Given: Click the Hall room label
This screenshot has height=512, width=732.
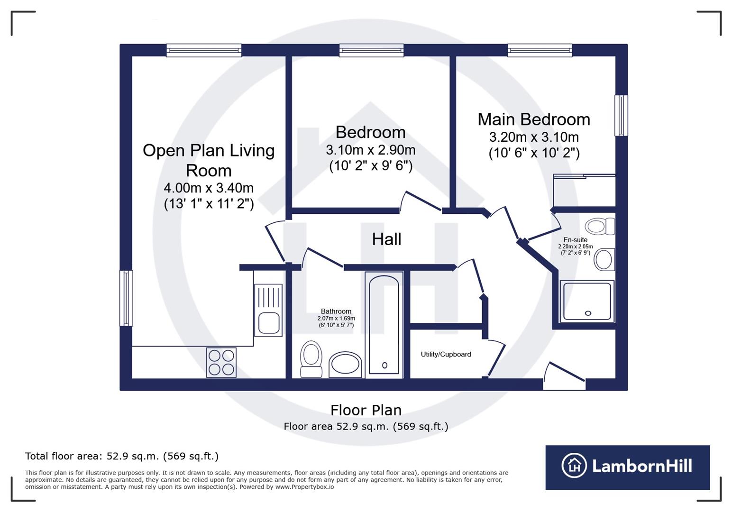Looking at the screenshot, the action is (386, 239).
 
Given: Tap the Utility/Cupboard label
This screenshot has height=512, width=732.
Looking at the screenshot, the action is (446, 354).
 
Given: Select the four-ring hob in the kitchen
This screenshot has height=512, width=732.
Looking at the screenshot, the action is (221, 362).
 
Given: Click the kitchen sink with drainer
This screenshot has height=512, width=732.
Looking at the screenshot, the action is (268, 310).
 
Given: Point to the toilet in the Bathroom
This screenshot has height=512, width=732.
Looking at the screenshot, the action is (311, 359).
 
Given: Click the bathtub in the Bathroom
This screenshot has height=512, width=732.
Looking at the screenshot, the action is (384, 325).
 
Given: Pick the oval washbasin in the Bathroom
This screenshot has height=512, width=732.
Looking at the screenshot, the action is (345, 365).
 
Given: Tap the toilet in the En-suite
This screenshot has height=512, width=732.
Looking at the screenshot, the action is (600, 226).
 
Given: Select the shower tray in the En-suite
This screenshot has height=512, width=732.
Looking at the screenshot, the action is (587, 301).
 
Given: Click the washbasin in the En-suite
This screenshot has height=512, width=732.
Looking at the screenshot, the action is (604, 260).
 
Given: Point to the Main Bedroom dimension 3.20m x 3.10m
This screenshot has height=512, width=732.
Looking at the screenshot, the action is (534, 137).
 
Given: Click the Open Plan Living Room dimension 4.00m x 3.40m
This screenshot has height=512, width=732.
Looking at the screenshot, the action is (209, 188).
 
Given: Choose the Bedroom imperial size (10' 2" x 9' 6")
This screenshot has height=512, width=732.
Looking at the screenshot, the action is (371, 166).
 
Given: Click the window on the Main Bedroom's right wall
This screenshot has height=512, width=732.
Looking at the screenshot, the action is (621, 115).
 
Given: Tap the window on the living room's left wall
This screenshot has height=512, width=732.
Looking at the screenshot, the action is (126, 298).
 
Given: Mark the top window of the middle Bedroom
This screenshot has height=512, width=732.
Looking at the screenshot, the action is (371, 50).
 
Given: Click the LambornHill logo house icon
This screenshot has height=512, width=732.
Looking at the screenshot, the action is (574, 466).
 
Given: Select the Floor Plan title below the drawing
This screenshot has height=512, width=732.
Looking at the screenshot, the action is (366, 411).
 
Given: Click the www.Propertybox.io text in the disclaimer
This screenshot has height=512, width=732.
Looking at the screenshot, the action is (304, 487).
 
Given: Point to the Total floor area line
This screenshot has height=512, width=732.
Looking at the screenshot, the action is (122, 456).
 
